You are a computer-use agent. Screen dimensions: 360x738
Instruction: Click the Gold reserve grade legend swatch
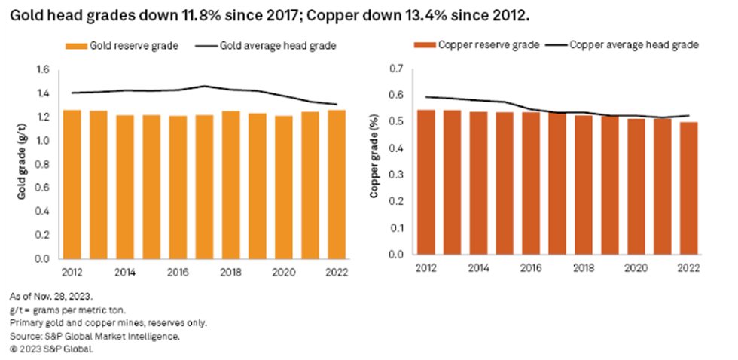(x=78, y=46)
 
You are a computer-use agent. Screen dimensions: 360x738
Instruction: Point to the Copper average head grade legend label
(x=634, y=45)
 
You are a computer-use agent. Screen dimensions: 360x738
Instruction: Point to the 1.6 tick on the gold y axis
(x=43, y=70)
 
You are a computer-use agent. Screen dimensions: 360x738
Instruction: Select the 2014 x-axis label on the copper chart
(x=478, y=268)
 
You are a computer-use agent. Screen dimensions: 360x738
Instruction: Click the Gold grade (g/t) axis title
(x=23, y=164)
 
